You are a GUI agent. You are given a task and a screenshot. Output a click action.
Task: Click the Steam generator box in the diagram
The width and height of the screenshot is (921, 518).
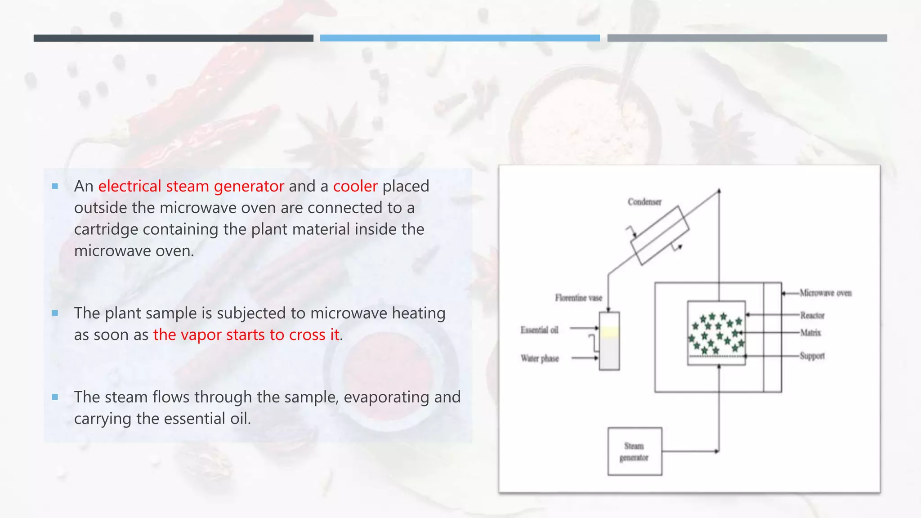[x=635, y=451]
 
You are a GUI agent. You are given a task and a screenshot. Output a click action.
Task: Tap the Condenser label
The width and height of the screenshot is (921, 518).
[x=644, y=202]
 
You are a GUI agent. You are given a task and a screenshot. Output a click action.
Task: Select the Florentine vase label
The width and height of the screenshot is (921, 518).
[x=578, y=298]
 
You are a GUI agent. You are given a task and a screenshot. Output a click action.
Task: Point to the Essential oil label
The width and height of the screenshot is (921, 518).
[x=539, y=330]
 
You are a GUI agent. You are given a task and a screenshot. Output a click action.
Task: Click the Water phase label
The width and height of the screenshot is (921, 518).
[x=540, y=358]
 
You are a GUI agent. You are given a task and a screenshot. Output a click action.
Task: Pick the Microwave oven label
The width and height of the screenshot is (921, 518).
[x=826, y=293]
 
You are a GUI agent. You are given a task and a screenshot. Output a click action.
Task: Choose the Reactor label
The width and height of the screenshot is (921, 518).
[x=812, y=315]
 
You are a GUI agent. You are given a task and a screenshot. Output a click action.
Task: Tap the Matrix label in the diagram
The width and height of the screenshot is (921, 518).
[x=810, y=333]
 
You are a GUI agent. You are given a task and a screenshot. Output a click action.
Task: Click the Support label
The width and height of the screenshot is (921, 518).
[x=812, y=356]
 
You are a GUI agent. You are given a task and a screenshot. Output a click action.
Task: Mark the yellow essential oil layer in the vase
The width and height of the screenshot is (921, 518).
[x=609, y=332]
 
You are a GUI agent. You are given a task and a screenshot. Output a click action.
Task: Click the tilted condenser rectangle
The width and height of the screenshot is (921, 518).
[x=660, y=235]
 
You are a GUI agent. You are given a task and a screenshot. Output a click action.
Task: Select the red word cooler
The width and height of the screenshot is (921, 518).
[x=355, y=186]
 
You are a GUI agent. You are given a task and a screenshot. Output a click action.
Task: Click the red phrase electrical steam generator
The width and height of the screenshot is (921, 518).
[x=191, y=186]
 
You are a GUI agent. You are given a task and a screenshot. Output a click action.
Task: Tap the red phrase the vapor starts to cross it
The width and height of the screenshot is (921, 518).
[x=246, y=335]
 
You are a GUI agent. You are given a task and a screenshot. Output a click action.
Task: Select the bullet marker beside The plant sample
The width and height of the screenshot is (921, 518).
[x=55, y=313]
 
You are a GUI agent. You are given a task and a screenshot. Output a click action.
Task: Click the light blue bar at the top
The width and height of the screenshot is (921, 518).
[x=460, y=38]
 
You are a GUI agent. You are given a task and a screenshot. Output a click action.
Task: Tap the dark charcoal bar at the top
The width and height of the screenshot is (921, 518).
[x=173, y=38]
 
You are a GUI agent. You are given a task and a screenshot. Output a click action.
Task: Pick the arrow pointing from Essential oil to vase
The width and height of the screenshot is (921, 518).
[x=584, y=329]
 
